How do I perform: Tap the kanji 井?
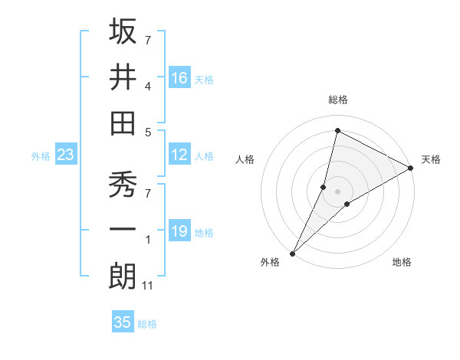(123, 77)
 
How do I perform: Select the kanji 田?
(123, 123)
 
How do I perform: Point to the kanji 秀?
(123, 185)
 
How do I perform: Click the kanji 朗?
(123, 277)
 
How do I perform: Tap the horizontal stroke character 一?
(123, 232)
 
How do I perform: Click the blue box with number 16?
(179, 78)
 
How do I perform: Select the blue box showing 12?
(179, 155)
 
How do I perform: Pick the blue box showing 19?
(179, 232)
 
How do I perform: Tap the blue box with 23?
(66, 155)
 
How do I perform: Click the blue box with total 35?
(123, 322)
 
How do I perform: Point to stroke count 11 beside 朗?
(149, 286)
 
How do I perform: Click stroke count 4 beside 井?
(148, 86)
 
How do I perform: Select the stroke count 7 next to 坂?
(148, 39)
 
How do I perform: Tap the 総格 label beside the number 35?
(147, 324)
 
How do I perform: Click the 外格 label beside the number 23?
(41, 156)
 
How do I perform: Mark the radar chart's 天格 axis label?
(431, 159)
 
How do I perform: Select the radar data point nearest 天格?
(411, 168)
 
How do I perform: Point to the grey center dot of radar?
(337, 191)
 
